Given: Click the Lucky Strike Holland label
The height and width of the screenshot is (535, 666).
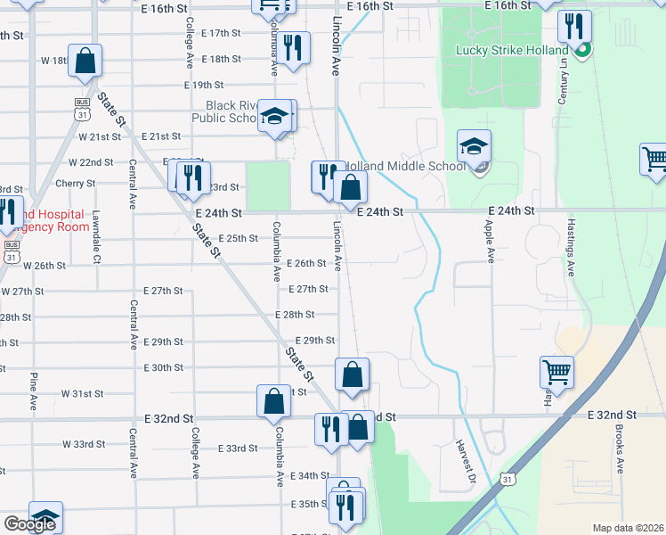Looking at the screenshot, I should coord(512,51).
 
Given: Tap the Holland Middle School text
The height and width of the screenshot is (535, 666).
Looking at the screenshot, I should coord(404,166).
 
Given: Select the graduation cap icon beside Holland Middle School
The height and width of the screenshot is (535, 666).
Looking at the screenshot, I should coord(475,147).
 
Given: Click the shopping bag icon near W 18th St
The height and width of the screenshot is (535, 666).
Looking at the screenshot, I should coord(85,62).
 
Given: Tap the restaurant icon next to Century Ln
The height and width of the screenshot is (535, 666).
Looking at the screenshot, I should coord(574,27).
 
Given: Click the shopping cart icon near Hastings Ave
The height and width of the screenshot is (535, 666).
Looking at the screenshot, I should coord(556,371).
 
